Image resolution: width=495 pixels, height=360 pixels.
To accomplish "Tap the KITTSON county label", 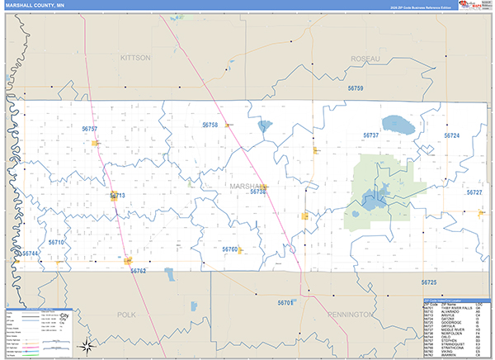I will tap(135, 58).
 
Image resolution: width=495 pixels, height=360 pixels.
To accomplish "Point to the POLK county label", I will tap(126, 315).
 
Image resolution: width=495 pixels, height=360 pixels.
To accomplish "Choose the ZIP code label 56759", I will tap(356, 88).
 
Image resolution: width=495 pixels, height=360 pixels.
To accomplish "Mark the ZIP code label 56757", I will tap(90, 129).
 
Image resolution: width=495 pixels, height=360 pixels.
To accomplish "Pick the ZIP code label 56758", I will tap(210, 125).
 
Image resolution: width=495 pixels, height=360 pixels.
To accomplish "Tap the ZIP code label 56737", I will tap(370, 135).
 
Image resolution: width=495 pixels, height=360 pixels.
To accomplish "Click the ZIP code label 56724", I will tap(451, 135).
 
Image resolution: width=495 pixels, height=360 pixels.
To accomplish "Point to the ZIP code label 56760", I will tap(229, 249).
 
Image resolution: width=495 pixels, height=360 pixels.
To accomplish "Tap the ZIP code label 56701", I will tap(285, 303).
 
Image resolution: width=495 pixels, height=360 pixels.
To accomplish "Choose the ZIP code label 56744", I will tap(31, 253).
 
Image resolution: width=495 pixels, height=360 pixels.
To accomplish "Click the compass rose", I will tap(85, 348).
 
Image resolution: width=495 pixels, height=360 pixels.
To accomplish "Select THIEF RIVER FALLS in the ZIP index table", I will tap(452, 310).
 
